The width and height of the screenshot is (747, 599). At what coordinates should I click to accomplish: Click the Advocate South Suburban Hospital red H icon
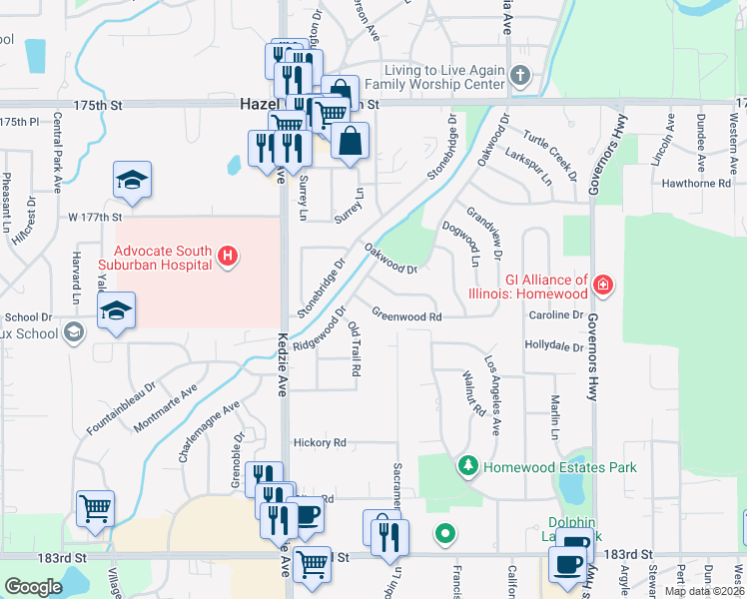[x=229, y=258]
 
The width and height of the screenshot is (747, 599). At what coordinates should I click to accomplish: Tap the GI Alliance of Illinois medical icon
[x=603, y=286]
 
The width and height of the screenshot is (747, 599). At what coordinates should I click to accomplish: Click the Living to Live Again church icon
[x=518, y=76]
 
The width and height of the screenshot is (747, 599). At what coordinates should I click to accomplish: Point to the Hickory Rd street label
[x=319, y=442]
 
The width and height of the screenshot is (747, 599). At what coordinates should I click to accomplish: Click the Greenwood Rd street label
[x=406, y=315]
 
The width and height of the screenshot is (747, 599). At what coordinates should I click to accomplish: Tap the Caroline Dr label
[x=556, y=315]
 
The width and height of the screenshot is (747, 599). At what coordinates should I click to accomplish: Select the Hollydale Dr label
[x=554, y=346]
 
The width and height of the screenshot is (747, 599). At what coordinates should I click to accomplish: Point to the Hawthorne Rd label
[x=696, y=184]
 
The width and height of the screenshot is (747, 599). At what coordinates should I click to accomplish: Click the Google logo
[x=33, y=587]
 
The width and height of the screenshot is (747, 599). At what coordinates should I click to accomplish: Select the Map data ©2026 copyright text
[x=703, y=591]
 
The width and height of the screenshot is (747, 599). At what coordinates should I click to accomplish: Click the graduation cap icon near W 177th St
[x=132, y=181]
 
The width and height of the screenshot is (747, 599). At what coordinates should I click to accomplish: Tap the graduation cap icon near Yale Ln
[x=116, y=310]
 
